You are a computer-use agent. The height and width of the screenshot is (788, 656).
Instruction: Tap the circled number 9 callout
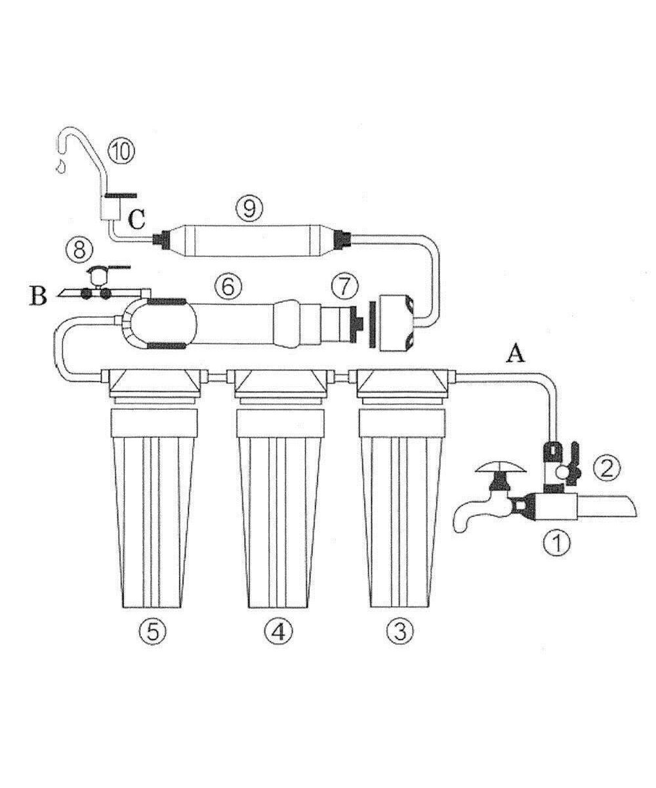coord(249,208)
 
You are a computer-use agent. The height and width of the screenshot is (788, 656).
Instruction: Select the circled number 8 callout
coord(79,250)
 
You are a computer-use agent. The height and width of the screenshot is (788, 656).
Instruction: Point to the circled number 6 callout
coord(228,287)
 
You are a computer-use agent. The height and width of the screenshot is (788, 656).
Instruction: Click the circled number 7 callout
coord(344,288)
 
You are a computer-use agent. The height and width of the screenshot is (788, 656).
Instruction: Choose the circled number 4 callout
coord(279,630)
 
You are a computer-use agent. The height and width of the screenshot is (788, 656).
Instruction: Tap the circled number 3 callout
coord(400,630)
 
